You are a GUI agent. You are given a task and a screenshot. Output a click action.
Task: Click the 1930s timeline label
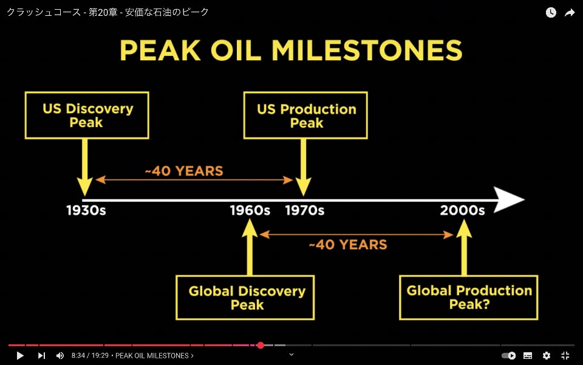(86, 210)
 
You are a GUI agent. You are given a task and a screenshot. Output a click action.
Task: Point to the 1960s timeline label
(250, 210)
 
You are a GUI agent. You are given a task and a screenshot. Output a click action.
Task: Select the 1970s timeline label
(305, 210)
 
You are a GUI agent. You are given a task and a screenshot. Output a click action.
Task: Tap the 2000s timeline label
(463, 210)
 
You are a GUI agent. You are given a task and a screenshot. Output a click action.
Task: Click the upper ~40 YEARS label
(184, 171)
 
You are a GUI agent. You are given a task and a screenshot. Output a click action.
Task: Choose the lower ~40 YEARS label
(348, 245)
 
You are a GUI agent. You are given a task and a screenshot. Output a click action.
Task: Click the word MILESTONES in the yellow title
(367, 50)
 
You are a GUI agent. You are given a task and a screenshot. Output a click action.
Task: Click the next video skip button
(42, 356)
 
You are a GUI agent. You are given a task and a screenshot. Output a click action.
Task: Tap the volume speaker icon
(60, 356)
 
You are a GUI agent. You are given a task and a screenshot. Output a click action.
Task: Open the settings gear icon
(546, 356)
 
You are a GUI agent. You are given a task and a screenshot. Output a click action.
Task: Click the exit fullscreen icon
(565, 356)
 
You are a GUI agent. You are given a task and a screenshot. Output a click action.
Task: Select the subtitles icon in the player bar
(528, 356)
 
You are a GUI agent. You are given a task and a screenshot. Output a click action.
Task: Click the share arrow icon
(570, 13)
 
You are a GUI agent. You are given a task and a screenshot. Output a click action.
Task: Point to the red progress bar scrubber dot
(261, 346)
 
